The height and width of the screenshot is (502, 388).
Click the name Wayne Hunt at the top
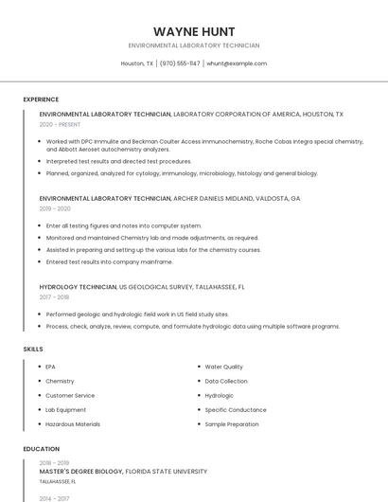(x=194, y=31)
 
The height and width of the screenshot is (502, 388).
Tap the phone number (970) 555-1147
(x=180, y=63)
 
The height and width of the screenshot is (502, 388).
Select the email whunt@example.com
(x=237, y=63)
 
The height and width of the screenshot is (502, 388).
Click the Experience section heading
(x=41, y=99)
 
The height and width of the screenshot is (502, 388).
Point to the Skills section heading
(x=33, y=350)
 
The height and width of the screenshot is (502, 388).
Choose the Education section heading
(x=42, y=449)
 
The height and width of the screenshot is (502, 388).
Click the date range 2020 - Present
(x=61, y=124)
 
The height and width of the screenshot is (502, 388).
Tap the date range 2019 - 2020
(x=55, y=208)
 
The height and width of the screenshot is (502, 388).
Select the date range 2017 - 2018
(x=54, y=296)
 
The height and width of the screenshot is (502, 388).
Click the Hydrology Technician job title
(x=78, y=286)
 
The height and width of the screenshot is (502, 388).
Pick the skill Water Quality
(x=224, y=367)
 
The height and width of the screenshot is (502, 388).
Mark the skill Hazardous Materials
(x=73, y=424)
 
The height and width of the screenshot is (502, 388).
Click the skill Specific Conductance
(x=236, y=409)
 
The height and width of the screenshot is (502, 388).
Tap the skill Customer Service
(x=70, y=395)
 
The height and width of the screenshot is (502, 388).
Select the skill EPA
(x=51, y=367)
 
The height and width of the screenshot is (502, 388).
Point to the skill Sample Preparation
(x=232, y=424)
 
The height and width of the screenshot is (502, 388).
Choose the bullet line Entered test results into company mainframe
(x=109, y=261)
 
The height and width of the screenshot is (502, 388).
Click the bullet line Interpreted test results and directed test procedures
(x=118, y=161)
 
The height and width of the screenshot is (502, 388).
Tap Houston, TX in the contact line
(x=137, y=63)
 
